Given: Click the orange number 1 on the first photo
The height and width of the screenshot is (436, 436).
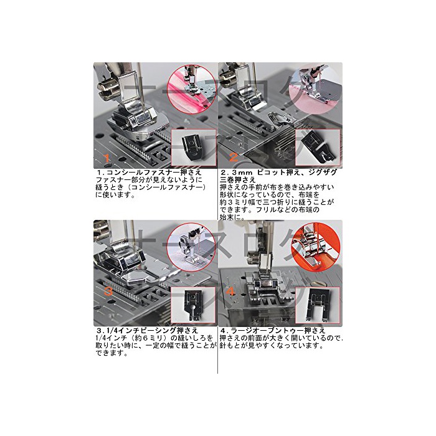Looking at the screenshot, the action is click(x=107, y=158).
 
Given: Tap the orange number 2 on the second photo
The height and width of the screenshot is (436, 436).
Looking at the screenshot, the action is click(x=234, y=158).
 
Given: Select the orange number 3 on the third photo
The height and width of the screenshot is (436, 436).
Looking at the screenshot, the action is click(x=108, y=291).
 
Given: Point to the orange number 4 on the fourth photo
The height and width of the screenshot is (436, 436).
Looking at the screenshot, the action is click(x=231, y=292).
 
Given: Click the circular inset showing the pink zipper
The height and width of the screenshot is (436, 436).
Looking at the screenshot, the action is click(x=192, y=88).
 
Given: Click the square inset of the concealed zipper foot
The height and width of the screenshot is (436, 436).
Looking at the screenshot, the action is click(x=194, y=148).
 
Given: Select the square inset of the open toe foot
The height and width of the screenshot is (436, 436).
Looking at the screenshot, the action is click(x=318, y=306).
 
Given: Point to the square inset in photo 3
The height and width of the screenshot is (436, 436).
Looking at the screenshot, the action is click(x=194, y=306).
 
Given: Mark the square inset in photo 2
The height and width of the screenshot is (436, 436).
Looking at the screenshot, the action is click(x=318, y=148).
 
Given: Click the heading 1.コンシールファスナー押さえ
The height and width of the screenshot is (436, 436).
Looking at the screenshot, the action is click(x=149, y=172).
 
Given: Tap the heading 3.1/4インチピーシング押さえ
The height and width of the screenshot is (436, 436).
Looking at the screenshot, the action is click(x=147, y=330).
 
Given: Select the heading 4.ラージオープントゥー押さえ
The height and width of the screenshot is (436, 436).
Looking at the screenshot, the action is click(x=273, y=331).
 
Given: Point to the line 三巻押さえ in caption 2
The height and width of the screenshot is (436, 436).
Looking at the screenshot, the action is click(x=238, y=179).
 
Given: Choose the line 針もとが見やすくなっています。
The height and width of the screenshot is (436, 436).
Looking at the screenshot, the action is click(x=272, y=346).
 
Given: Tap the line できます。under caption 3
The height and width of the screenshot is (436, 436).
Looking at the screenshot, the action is click(x=112, y=353).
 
